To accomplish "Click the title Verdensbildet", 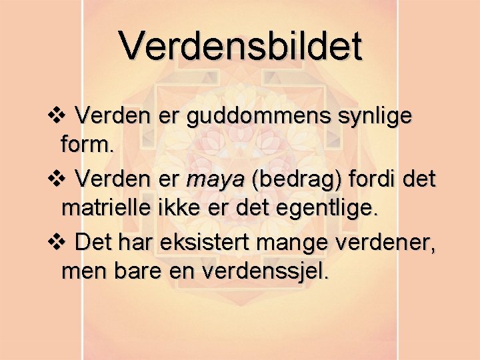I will (241, 47).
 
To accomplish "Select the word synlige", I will (375, 117).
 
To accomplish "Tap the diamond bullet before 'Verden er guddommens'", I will (56, 117).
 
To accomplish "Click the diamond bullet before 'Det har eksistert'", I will (56, 241).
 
